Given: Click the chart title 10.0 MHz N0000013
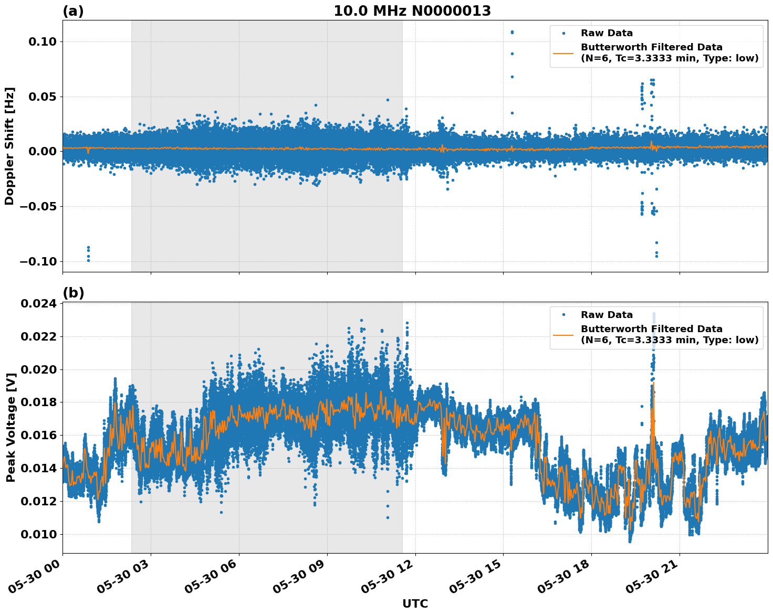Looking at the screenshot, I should [412, 11].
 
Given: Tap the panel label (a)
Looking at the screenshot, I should [73, 11].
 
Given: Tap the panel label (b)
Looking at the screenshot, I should [73, 293].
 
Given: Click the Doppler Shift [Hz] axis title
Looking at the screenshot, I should [9, 146].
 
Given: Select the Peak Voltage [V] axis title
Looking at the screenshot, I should [11, 427].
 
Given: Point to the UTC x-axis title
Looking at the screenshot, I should [415, 603].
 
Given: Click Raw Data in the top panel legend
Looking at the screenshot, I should [607, 33].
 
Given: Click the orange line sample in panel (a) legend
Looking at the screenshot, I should [563, 53].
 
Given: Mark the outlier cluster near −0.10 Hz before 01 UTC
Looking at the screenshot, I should [88, 253].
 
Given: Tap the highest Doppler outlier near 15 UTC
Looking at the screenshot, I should [512, 32].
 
